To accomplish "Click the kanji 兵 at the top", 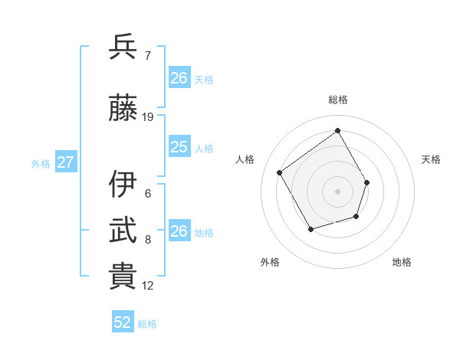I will pyautogui.click(x=123, y=47).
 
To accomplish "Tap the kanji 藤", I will pyautogui.click(x=123, y=109).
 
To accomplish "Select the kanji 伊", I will pyautogui.click(x=123, y=185).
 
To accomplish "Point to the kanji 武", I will pyautogui.click(x=123, y=231).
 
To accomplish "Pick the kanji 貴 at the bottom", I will pyautogui.click(x=123, y=277).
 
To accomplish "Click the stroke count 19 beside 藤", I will pyautogui.click(x=148, y=117).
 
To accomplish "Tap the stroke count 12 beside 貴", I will pyautogui.click(x=148, y=286).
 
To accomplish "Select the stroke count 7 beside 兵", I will pyautogui.click(x=148, y=56).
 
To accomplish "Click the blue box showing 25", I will pyautogui.click(x=179, y=147).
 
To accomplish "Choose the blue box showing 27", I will pyautogui.click(x=66, y=162).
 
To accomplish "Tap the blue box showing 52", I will pyautogui.click(x=123, y=322).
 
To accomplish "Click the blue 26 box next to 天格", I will pyautogui.click(x=179, y=78).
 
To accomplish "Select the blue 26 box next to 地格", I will pyautogui.click(x=179, y=231).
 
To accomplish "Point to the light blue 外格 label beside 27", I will pyautogui.click(x=41, y=163).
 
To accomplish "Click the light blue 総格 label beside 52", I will pyautogui.click(x=147, y=323).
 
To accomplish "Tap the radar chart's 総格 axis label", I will pyautogui.click(x=337, y=100).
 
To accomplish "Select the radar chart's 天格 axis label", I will pyautogui.click(x=431, y=159).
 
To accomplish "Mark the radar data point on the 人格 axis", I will pyautogui.click(x=280, y=172).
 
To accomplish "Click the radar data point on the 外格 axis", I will pyautogui.click(x=310, y=229).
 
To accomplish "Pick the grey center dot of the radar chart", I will pyautogui.click(x=337, y=191).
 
